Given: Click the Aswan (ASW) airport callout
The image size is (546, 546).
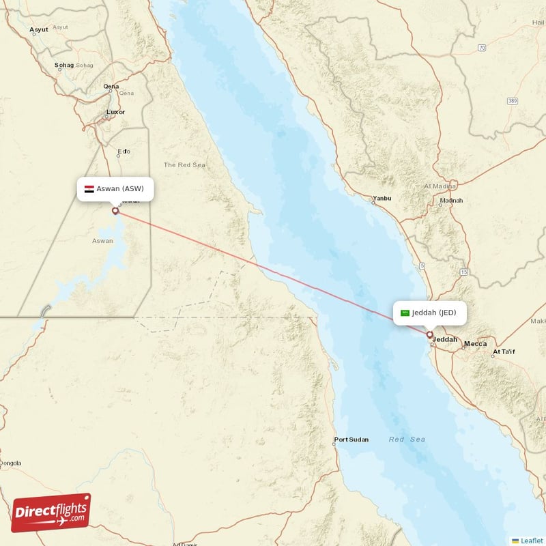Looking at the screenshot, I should coord(115,189).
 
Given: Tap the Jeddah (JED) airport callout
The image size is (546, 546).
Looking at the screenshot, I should coord(430,313).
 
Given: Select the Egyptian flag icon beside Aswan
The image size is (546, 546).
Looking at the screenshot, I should coord(89,189).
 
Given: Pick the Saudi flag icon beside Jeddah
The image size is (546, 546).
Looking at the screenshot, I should coord(405,313).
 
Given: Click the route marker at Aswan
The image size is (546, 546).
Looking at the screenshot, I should coord(115,211).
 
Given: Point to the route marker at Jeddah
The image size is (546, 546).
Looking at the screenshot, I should coord(430,335).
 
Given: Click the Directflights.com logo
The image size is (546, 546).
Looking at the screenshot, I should coord(51,513).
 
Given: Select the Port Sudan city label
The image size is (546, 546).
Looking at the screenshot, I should coord(351,440).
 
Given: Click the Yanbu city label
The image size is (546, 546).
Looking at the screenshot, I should coord(382,200).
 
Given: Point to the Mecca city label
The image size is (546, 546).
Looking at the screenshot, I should coord(475,344).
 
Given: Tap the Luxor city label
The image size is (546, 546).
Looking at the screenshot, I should coord(116,111).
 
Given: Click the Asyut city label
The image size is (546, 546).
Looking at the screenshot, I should coord(38,30).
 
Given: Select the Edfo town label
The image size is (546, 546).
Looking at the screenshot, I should coord(124,152).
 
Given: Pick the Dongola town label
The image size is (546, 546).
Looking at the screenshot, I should coord(10,463).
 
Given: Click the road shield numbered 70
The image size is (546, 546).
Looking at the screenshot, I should coord(482,47).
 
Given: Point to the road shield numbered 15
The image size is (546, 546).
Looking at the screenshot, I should coord(464,272).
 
